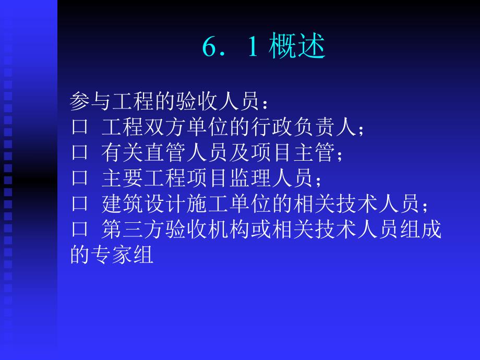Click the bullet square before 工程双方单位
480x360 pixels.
[79, 127]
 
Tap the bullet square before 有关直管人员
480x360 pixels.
[79, 153]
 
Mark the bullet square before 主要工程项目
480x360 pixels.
[79, 178]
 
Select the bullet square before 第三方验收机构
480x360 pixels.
[79, 230]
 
